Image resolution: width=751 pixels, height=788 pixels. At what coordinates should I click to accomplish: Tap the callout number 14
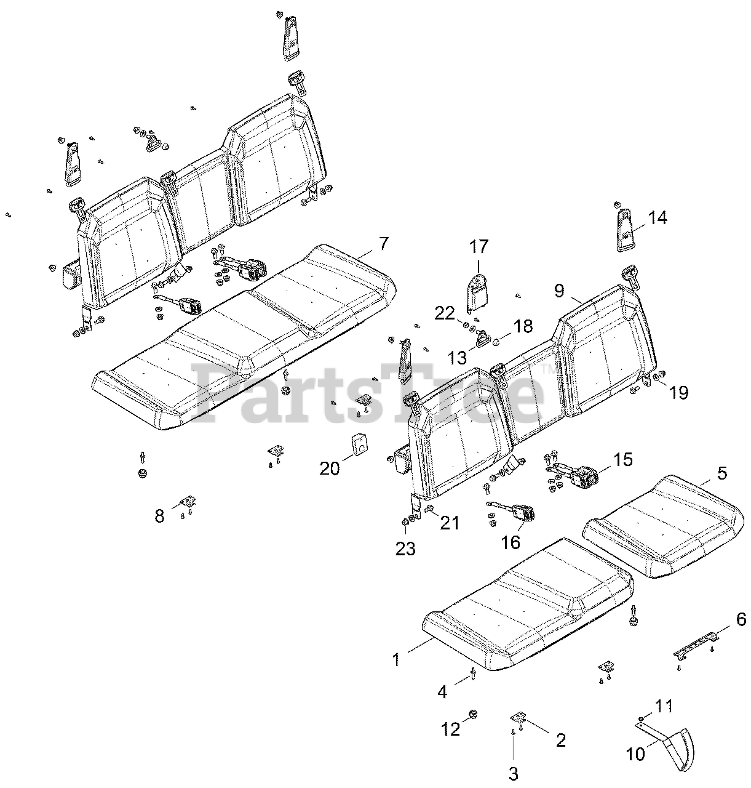pyautogui.click(x=657, y=217)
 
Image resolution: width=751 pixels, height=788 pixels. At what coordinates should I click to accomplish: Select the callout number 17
pyautogui.click(x=479, y=247)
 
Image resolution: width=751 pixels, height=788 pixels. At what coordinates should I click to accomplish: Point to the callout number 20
pyautogui.click(x=330, y=468)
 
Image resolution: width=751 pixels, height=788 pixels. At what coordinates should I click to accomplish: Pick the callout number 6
pyautogui.click(x=741, y=620)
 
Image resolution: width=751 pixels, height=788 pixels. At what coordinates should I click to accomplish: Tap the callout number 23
pyautogui.click(x=405, y=548)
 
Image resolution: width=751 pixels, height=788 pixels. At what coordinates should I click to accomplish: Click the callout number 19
pyautogui.click(x=678, y=392)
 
